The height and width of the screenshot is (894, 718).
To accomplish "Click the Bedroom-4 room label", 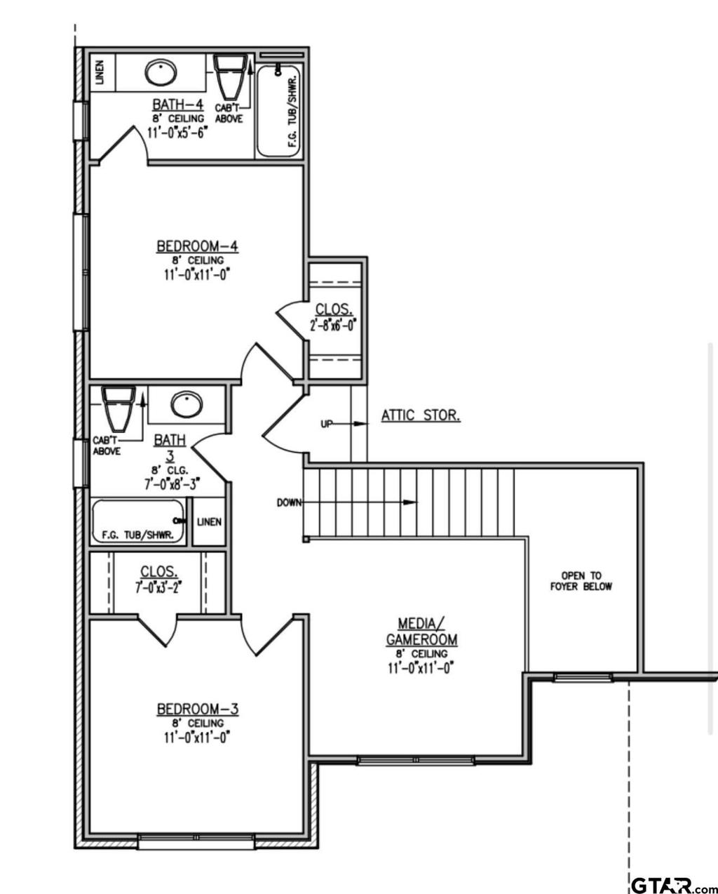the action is point(197,246).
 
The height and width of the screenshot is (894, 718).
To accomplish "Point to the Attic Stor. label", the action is point(421,415).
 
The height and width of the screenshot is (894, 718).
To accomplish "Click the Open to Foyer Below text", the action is point(581,581).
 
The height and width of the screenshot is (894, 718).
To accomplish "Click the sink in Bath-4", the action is point(161,73).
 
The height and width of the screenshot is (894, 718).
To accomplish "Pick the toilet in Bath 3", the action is point(118,408).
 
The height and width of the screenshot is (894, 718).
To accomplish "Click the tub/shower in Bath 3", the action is point(138,521).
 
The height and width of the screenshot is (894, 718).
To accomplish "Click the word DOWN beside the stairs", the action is point(289,502).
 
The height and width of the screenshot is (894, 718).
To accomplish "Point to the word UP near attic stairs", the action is point(327,425).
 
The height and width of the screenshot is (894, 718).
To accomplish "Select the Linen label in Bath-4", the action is point(100,73).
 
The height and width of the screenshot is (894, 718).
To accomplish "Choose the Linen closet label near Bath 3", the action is point(209,522).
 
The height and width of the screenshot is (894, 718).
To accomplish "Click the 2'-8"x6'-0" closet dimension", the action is point(334,325).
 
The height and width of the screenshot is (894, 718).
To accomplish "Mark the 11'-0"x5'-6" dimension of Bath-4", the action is point(177,133).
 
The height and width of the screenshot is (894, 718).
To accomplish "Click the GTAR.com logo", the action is point(673,883).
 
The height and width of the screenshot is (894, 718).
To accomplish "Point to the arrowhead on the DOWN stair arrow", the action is point(410,502).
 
